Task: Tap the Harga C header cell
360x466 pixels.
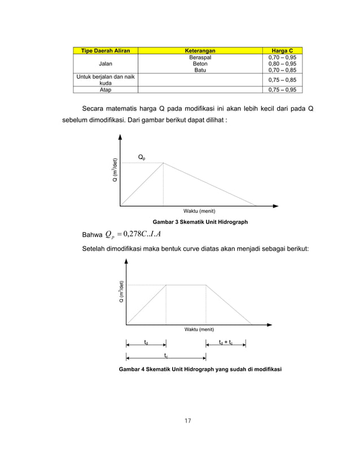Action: click(282, 51)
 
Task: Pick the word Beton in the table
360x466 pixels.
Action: click(200, 64)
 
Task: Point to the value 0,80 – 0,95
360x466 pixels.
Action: click(282, 64)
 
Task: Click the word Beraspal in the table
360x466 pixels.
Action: click(200, 58)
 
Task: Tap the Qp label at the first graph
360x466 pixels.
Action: click(143, 157)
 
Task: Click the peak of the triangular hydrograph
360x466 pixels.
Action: click(163, 163)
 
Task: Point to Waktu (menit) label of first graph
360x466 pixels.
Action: click(199, 211)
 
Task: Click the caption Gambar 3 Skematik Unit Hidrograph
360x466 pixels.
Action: click(196, 222)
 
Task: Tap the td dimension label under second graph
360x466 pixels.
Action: click(146, 342)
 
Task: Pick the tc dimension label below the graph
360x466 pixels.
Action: click(166, 355)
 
